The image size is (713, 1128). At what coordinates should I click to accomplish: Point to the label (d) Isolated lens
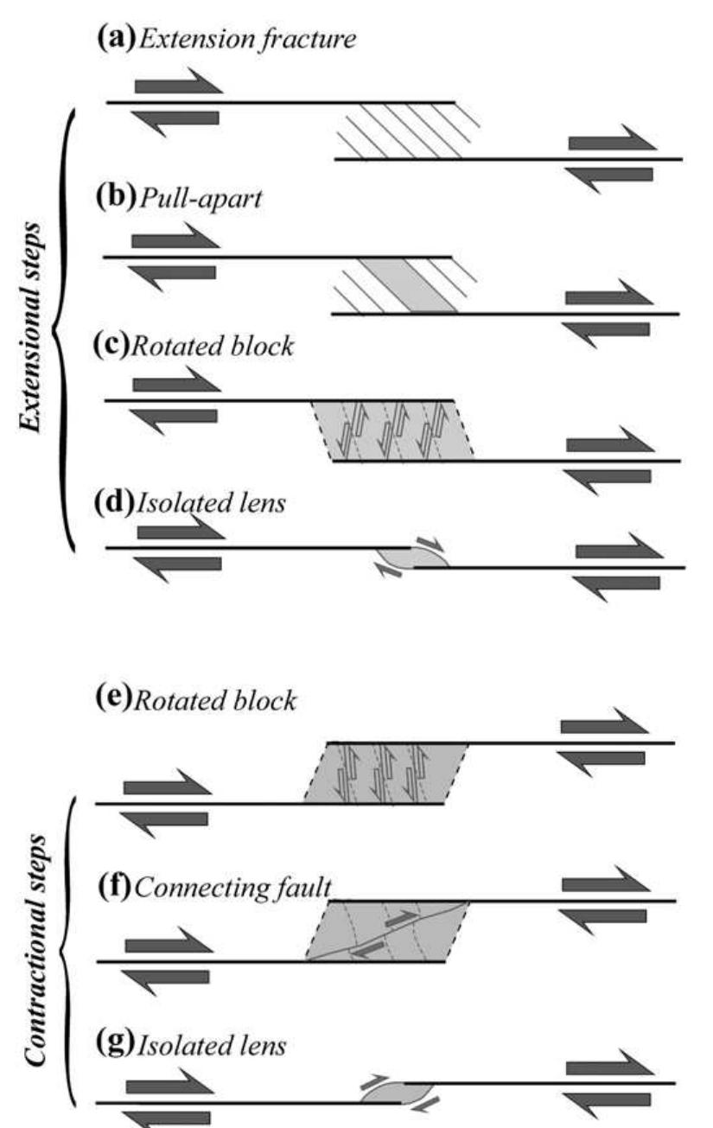click(x=191, y=502)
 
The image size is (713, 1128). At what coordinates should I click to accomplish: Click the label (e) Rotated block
click(x=194, y=700)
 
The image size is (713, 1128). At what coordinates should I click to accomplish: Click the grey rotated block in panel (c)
click(x=393, y=430)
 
